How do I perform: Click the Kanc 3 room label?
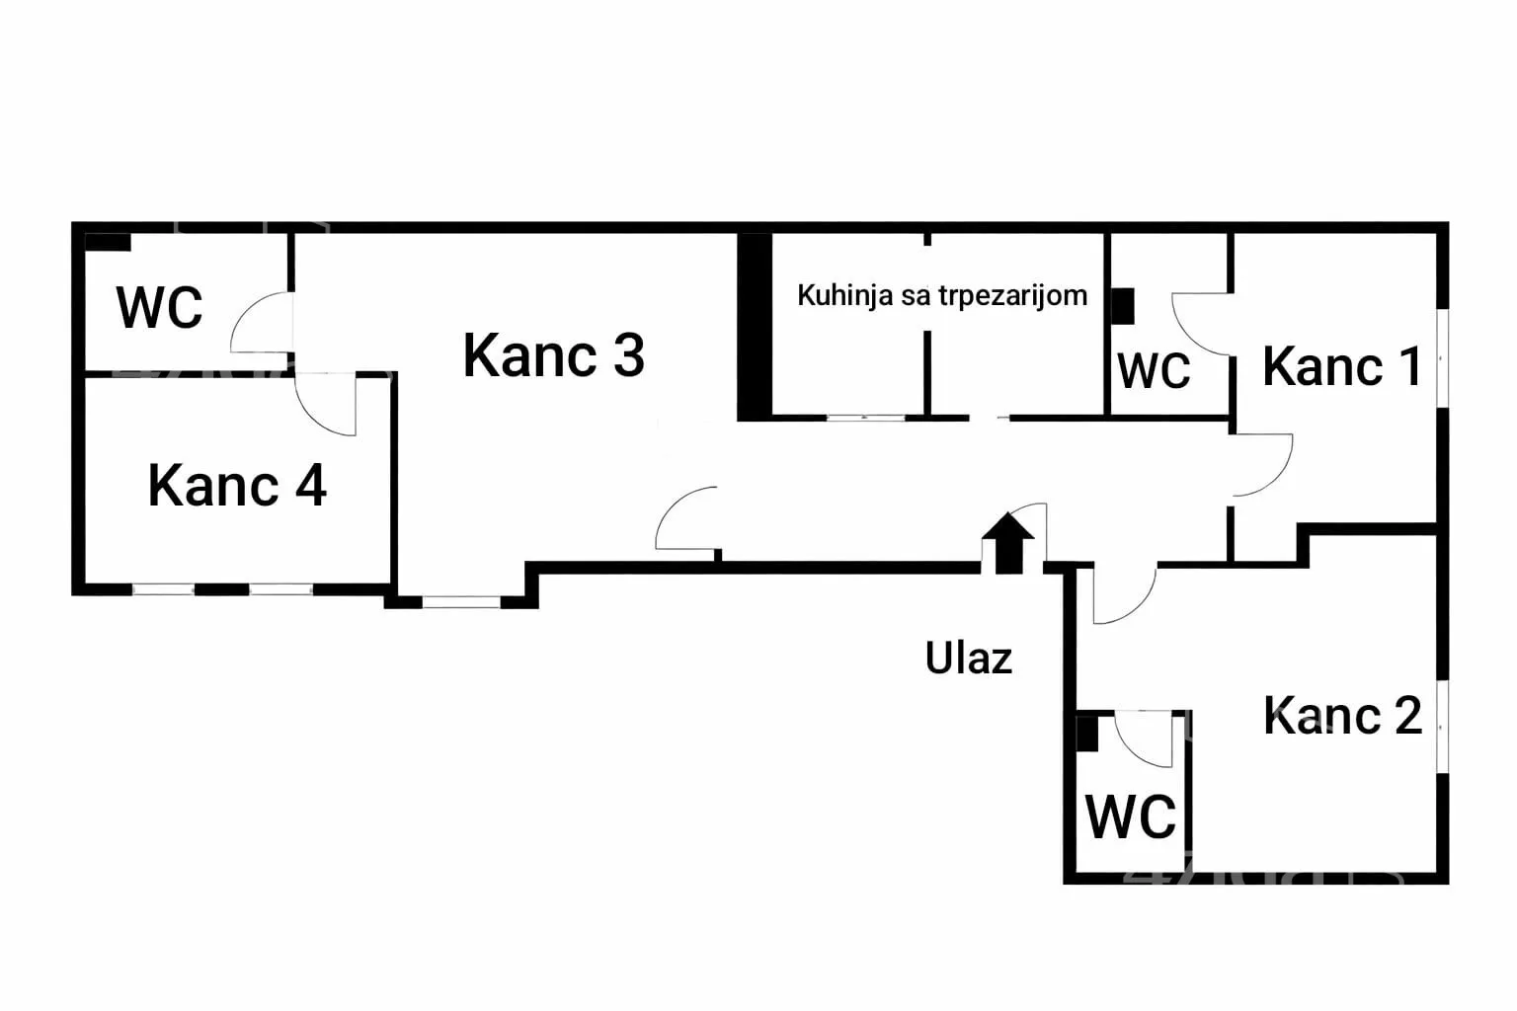click(553, 355)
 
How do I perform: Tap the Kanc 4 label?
click(237, 486)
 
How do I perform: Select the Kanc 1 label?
click(1341, 367)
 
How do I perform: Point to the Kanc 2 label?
click(1342, 716)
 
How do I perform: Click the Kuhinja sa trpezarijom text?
click(941, 295)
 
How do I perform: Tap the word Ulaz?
click(968, 658)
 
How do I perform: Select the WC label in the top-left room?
click(159, 307)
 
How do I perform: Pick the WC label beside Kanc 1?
click(1154, 371)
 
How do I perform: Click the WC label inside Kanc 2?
click(1131, 817)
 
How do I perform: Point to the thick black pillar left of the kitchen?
click(755, 326)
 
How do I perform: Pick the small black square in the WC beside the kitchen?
click(1122, 306)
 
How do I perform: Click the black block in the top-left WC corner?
click(108, 242)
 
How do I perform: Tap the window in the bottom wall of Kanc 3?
click(460, 600)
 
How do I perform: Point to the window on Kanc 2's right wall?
click(1441, 726)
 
